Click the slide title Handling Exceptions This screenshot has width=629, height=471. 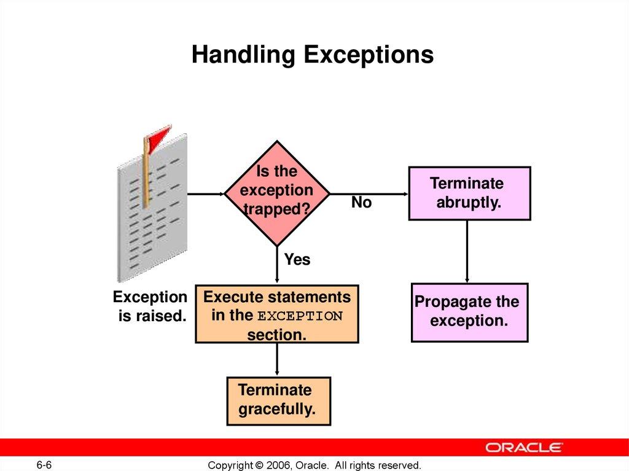(x=312, y=55)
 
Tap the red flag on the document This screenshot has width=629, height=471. (x=158, y=136)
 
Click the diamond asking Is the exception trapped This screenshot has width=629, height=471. (x=276, y=192)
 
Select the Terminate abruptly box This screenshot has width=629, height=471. (x=469, y=193)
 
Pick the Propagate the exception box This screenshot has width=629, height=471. (x=469, y=312)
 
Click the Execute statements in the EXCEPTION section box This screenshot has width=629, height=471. (x=276, y=315)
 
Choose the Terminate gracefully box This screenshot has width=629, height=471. (x=278, y=400)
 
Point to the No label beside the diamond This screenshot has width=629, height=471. (x=361, y=203)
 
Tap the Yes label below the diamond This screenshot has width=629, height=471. (x=297, y=260)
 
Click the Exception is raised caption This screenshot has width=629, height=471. (x=150, y=307)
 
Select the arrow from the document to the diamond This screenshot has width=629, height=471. (x=205, y=193)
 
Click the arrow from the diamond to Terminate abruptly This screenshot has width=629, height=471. (x=369, y=193)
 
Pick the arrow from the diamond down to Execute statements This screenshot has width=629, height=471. (x=276, y=264)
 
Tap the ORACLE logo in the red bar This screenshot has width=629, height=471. (x=524, y=447)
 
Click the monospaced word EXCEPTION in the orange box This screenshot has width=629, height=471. (x=300, y=317)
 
